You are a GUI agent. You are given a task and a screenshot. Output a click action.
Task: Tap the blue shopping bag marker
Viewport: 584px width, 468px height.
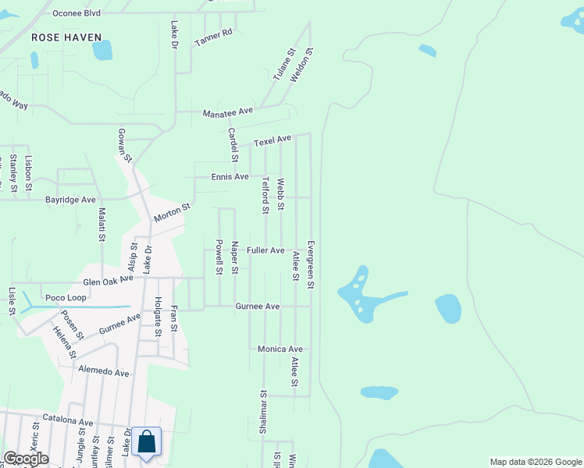(x=146, y=441)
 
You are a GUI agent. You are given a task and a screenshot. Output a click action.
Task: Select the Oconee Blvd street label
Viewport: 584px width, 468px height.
(x=77, y=13)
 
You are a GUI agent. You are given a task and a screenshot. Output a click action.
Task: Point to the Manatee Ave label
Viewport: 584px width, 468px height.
(x=228, y=112)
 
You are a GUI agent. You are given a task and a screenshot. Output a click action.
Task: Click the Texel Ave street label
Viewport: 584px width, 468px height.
(x=272, y=140)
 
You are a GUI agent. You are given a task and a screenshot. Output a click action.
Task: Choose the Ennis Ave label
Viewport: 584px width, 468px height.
(x=230, y=177)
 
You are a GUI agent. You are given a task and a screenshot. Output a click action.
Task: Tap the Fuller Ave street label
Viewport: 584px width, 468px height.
(x=265, y=250)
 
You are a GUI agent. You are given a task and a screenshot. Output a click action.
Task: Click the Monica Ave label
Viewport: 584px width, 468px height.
(x=280, y=349)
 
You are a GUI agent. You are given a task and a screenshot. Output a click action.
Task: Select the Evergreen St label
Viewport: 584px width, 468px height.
(x=310, y=265)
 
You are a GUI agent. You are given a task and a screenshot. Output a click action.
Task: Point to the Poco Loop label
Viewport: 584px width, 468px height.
(x=66, y=298)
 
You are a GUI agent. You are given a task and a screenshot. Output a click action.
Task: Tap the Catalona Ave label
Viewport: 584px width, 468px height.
(x=68, y=422)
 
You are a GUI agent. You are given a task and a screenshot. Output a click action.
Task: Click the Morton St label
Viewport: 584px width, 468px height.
(x=172, y=213)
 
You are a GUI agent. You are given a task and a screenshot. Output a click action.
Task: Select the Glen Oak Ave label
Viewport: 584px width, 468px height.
(x=109, y=281)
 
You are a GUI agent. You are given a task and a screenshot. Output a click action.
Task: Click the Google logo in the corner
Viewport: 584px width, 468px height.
(x=26, y=459)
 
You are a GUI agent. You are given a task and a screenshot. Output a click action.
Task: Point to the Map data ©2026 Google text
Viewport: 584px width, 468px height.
(x=535, y=462)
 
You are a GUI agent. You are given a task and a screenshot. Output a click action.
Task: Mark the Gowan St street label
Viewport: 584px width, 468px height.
(x=124, y=145)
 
